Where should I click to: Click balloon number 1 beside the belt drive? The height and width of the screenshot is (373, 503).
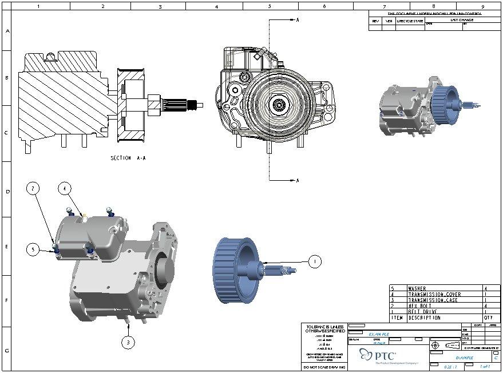pyautogui.click(x=314, y=261)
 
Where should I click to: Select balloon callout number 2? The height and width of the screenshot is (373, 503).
pyautogui.click(x=34, y=188)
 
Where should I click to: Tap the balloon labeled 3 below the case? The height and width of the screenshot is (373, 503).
pyautogui.click(x=129, y=343)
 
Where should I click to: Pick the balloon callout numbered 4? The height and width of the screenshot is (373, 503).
pyautogui.click(x=65, y=188)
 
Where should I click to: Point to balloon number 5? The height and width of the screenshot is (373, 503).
pyautogui.click(x=34, y=249)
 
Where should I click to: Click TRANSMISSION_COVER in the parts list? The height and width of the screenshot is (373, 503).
pyautogui.click(x=434, y=295)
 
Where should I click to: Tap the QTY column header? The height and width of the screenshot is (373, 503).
pyautogui.click(x=488, y=318)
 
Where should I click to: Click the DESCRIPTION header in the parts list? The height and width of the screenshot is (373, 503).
pyautogui.click(x=424, y=318)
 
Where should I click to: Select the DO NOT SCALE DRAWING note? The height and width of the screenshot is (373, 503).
pyautogui.click(x=324, y=367)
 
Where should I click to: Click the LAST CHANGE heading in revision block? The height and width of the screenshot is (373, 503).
pyautogui.click(x=461, y=19)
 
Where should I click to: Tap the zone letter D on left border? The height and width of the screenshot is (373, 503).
pyautogui.click(x=7, y=191)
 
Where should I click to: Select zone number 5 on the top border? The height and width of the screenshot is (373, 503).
pyautogui.click(x=269, y=7)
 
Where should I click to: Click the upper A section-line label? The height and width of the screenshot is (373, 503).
pyautogui.click(x=298, y=19)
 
